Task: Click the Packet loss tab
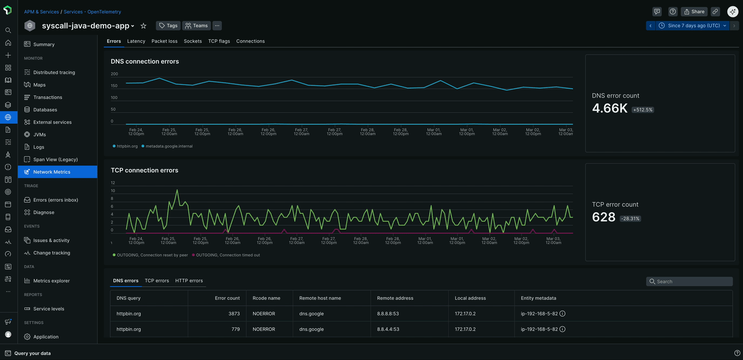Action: point(165,41)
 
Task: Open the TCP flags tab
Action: point(219,41)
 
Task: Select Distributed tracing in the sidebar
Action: point(54,72)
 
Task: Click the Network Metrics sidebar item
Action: point(51,172)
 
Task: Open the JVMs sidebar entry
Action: point(39,134)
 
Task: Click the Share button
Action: point(694,11)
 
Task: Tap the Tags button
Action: point(168,25)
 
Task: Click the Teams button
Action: point(196,25)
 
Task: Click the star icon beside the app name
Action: point(143,25)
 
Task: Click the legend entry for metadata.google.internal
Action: point(169,146)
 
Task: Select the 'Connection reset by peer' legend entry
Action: point(152,255)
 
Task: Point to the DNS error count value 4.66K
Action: point(610,108)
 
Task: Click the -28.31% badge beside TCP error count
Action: point(630,218)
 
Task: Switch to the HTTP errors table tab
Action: point(189,280)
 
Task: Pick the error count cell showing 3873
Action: point(234,314)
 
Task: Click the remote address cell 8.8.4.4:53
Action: point(387,329)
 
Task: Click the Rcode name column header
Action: point(266,298)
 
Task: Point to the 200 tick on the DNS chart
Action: point(114,74)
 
